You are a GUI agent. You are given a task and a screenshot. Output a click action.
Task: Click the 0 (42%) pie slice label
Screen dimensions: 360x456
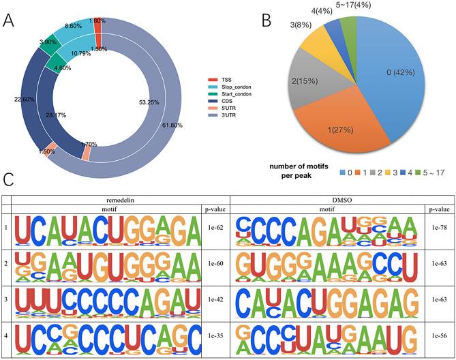pos(395,70)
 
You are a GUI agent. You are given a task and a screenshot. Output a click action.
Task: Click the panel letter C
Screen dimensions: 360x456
pos(8,181)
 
